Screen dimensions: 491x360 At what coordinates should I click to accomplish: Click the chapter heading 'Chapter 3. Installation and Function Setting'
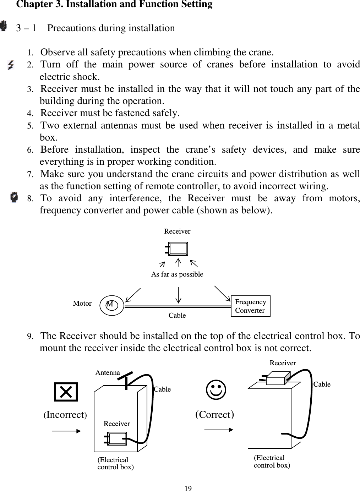pyautogui.click(x=114, y=5)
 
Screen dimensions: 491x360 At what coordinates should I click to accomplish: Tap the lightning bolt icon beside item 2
pyautogui.click(x=11, y=65)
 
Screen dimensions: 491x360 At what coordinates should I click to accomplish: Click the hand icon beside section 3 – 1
pyautogui.click(x=4, y=26)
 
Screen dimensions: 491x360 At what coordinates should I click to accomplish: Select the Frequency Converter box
pyautogui.click(x=250, y=306)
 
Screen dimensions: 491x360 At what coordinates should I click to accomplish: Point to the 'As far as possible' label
pyautogui.click(x=177, y=274)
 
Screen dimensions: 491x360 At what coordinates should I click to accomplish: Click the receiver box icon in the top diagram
pyautogui.click(x=178, y=249)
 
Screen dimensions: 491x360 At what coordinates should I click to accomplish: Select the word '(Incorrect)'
pyautogui.click(x=65, y=415)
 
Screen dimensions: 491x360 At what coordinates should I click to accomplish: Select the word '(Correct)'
pyautogui.click(x=214, y=415)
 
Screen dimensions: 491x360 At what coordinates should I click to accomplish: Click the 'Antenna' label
pyautogui.click(x=108, y=373)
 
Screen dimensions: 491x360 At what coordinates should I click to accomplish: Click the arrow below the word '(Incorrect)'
pyautogui.click(x=66, y=431)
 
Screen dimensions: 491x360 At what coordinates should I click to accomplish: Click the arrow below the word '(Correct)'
pyautogui.click(x=219, y=430)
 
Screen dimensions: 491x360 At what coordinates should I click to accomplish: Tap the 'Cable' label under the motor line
pyautogui.click(x=177, y=315)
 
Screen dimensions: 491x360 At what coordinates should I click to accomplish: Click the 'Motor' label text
pyautogui.click(x=82, y=304)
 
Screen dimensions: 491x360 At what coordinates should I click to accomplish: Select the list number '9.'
pyautogui.click(x=31, y=336)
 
